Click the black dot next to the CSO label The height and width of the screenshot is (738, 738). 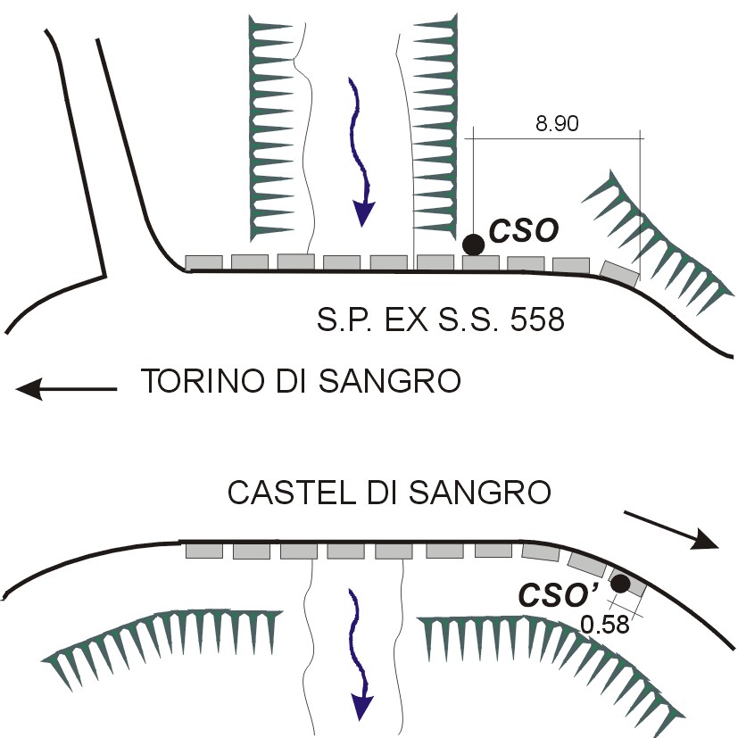(473, 245)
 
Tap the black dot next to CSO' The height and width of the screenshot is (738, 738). (620, 584)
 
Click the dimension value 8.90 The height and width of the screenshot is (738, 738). (557, 123)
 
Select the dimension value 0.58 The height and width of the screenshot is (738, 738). (605, 625)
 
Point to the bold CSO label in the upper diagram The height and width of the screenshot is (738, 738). (524, 230)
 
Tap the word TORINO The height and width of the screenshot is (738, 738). (203, 380)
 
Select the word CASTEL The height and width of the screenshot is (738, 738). (291, 493)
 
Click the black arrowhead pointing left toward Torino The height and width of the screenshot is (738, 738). (29, 389)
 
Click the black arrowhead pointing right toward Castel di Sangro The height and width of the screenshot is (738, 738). (705, 540)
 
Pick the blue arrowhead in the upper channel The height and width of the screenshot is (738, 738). (364, 213)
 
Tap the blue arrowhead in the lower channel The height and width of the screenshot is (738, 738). (361, 707)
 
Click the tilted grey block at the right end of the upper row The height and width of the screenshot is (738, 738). (620, 273)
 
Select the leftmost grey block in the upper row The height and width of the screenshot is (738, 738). (203, 262)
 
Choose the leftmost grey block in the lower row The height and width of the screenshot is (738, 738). (204, 551)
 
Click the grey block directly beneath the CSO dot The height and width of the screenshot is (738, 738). (480, 262)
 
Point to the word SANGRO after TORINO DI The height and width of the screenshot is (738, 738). (390, 380)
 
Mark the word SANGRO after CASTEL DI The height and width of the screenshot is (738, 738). (479, 493)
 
